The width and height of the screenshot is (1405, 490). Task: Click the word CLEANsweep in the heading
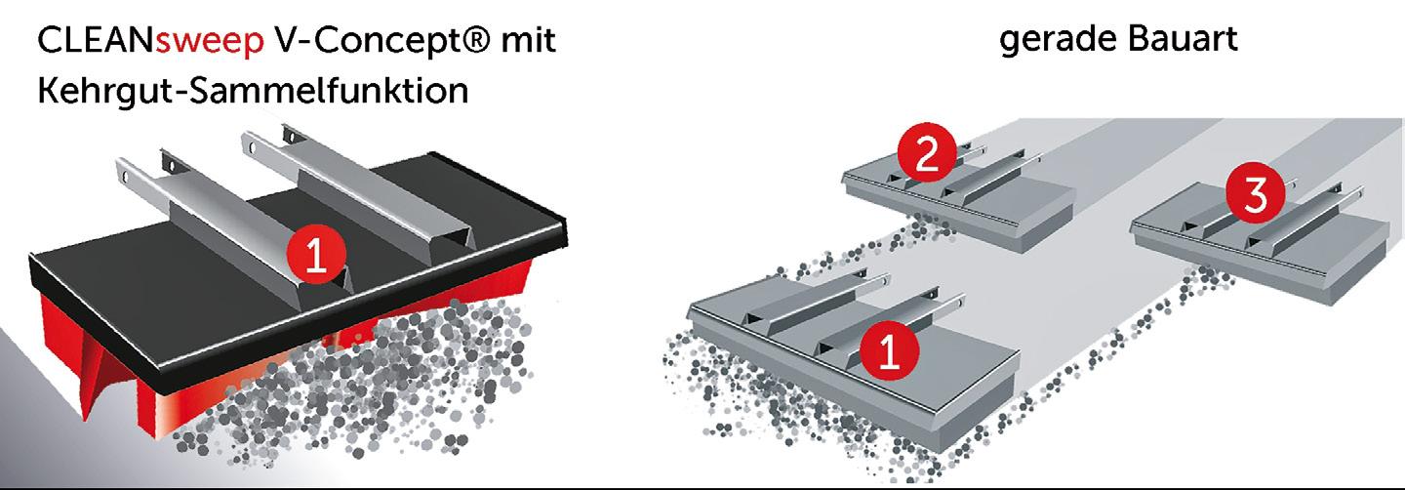point(151,41)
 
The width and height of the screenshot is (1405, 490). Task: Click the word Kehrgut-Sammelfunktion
point(253,91)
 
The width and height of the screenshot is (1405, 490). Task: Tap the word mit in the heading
point(528,40)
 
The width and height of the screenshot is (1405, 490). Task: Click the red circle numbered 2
point(927,152)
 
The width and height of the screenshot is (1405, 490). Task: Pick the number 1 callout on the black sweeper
point(316,255)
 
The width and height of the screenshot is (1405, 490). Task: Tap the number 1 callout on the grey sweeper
point(890,349)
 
